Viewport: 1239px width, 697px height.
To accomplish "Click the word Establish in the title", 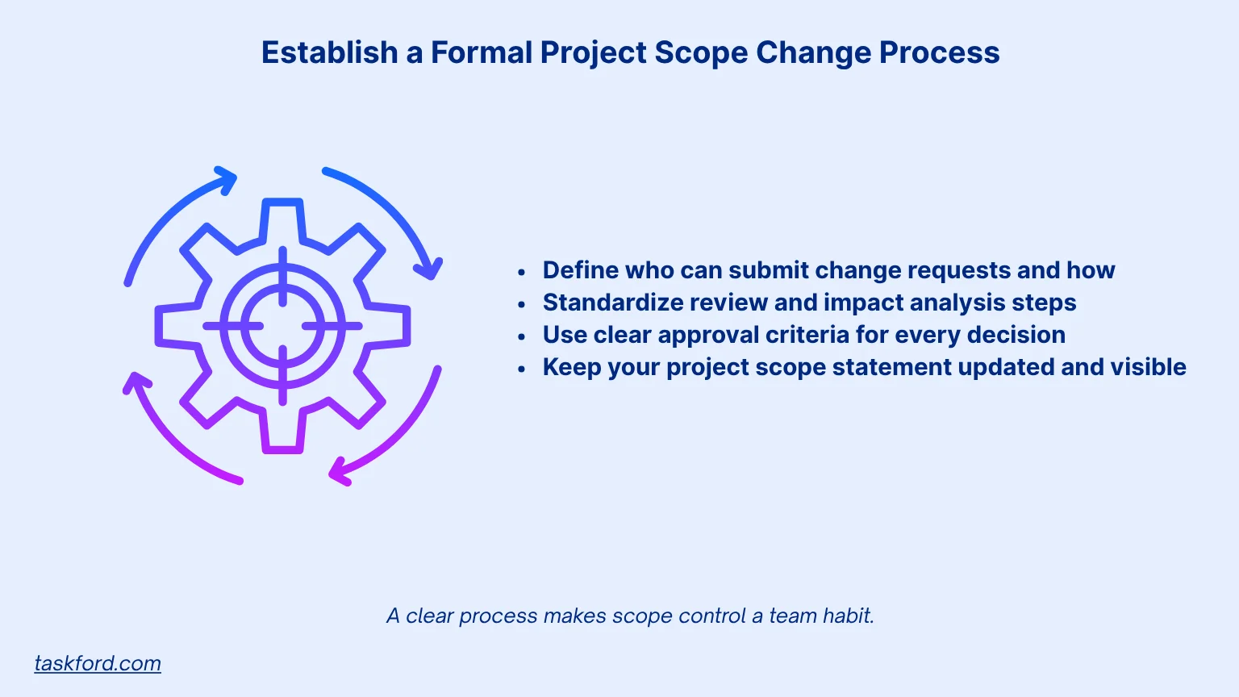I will [x=329, y=53].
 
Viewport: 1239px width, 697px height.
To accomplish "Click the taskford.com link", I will [x=98, y=663].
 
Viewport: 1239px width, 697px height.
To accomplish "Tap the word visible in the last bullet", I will [x=1148, y=367].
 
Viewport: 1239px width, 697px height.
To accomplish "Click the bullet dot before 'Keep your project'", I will [x=522, y=369].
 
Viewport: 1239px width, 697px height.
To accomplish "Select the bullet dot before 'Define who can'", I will [x=522, y=272].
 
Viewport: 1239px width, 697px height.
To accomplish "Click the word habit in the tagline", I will [x=849, y=616].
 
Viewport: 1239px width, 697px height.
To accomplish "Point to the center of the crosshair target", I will [x=282, y=326].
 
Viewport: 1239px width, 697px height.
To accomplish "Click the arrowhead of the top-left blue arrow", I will [x=227, y=179].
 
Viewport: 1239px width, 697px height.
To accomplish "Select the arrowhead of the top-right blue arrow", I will [x=433, y=269].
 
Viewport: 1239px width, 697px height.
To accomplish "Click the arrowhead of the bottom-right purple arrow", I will [x=340, y=474].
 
